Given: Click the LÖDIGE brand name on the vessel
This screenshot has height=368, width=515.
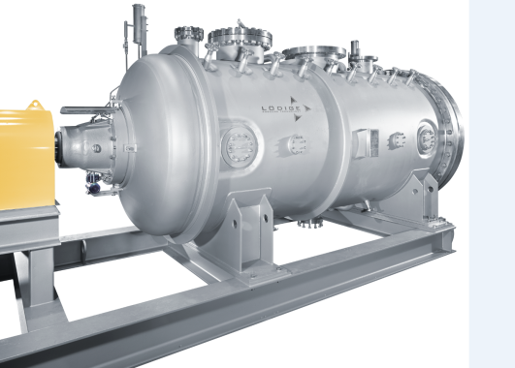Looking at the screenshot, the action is point(281,108).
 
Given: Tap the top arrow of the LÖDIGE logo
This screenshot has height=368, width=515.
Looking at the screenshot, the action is point(293,101).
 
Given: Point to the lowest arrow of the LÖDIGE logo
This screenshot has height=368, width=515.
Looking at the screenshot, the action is point(297,117).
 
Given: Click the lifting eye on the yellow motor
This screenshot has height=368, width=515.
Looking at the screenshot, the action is point(36,106).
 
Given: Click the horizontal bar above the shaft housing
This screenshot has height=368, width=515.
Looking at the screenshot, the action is point(88,110).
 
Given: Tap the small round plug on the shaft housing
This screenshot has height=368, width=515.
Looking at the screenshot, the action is point(97,148).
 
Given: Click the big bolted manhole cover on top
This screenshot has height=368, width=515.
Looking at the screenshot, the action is point(241,37).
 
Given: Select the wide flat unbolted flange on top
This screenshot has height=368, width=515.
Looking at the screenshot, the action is point(314,52).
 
